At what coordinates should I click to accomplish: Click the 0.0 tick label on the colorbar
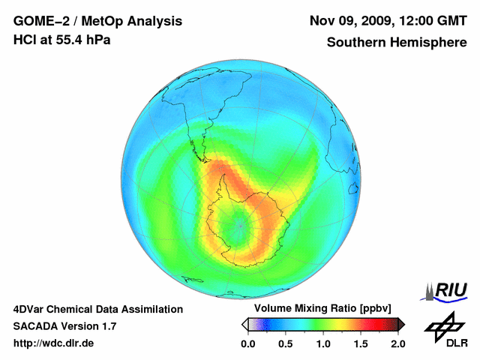pyautogui.click(x=248, y=343)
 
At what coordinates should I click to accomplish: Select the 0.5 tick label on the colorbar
pyautogui.click(x=286, y=343)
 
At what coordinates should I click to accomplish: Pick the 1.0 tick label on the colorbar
pyautogui.click(x=323, y=343)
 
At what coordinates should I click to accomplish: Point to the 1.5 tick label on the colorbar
pyautogui.click(x=361, y=343)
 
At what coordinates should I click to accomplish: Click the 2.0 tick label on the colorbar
pyautogui.click(x=397, y=343)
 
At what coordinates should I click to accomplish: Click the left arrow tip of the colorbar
pyautogui.click(x=244, y=324)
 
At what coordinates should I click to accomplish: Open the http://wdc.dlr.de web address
pyautogui.click(x=54, y=343)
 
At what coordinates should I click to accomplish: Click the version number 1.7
pyautogui.click(x=108, y=326)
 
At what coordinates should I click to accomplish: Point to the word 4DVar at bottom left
pyautogui.click(x=28, y=309)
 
